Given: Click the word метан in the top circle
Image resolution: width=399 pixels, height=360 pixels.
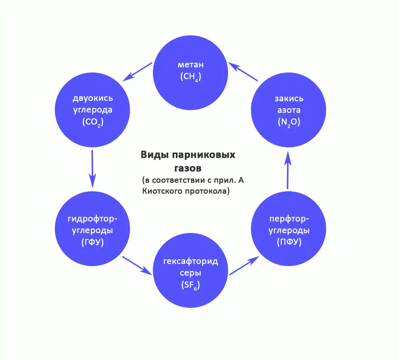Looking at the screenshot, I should coord(191,65).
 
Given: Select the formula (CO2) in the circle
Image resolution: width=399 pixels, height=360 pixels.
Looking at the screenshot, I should coord(92,123).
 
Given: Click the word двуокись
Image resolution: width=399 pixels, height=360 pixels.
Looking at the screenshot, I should coord(92,99).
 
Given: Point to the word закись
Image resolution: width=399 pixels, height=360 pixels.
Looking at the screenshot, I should coord(289,99).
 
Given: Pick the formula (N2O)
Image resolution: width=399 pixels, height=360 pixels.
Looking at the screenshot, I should coord(289,122).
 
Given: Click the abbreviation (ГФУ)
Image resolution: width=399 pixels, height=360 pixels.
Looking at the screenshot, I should coord(92,242).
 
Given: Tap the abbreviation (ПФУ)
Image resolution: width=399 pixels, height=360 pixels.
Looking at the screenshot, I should coord(289,242).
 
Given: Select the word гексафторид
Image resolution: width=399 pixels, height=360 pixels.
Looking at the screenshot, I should coord(191,262).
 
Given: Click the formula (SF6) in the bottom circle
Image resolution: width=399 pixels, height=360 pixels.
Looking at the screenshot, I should coord(191,286).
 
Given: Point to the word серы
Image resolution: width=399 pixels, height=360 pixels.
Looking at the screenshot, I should coord(191,273).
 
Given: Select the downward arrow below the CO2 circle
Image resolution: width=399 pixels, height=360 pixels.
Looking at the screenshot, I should coord(92,169).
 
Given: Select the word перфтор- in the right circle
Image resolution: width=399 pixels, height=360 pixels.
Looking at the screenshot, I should coord(289,219).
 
